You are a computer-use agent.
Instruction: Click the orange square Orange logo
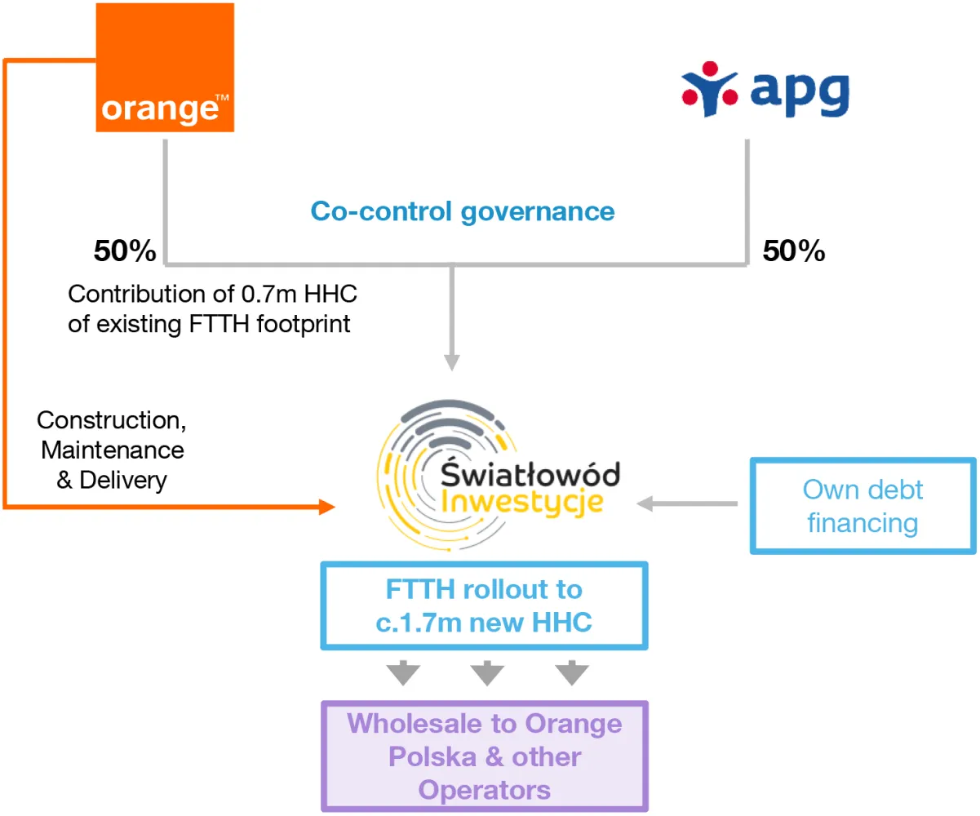coord(166,67)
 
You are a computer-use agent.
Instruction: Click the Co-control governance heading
coord(462,211)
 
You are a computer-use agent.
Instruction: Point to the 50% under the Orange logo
coord(125,251)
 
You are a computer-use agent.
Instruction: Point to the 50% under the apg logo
coord(794,251)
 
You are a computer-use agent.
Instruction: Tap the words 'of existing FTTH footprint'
coord(209,324)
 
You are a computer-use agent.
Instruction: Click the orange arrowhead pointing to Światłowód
coord(326,508)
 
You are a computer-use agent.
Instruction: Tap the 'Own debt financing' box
coord(862,505)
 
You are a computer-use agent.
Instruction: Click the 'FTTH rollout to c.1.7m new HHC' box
coord(485,605)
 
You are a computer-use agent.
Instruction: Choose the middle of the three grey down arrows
coord(487,674)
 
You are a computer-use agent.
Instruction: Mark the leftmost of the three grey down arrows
coord(403,674)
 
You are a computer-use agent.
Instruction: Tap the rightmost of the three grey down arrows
coord(572,674)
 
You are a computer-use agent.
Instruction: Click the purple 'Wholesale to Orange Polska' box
coord(485,756)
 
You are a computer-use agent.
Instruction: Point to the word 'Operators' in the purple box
coord(485,790)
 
